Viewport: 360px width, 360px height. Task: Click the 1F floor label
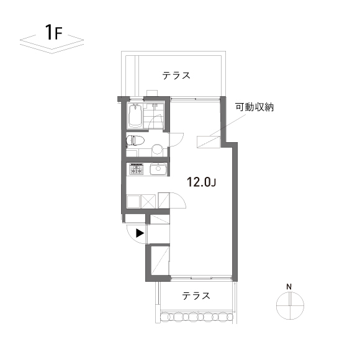52,33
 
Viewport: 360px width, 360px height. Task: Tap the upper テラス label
176,75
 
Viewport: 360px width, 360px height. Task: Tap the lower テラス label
195,296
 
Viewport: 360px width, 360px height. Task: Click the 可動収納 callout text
254,107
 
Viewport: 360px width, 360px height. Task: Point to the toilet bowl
135,142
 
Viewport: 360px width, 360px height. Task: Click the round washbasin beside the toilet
157,149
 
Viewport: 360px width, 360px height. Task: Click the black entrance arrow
140,233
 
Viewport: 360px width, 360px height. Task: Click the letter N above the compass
289,286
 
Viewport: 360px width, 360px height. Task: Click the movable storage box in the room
207,142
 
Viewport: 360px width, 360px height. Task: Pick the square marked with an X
150,201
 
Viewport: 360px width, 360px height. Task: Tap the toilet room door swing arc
178,141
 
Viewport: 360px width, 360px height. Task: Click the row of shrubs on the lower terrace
196,317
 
